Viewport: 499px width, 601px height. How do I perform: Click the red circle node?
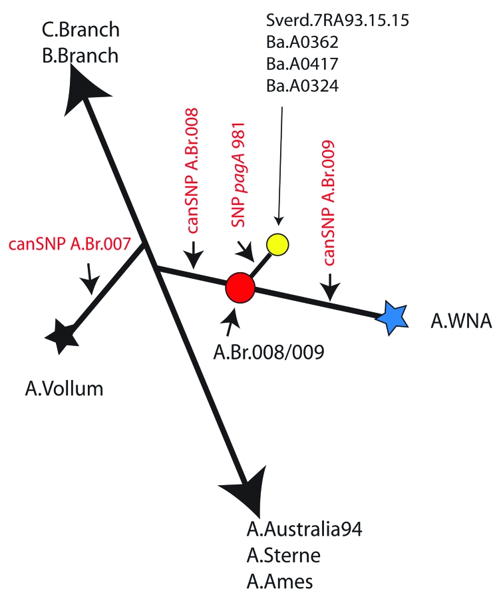click(240, 287)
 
